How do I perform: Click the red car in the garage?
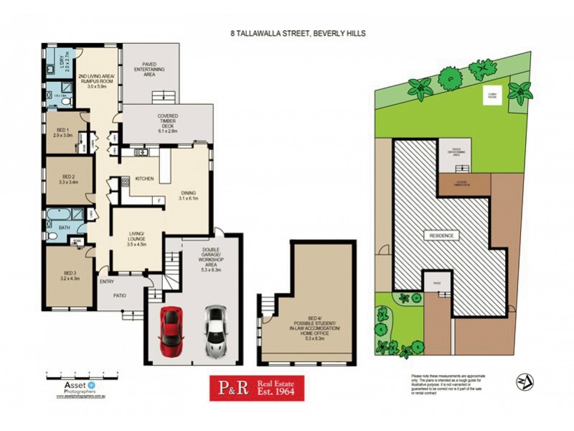[x=171, y=331]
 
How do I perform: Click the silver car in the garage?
[x=216, y=331]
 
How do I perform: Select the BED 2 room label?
[x=70, y=180]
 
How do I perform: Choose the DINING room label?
[x=189, y=195]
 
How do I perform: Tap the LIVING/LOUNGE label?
[x=136, y=238]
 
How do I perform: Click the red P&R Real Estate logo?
[x=256, y=388]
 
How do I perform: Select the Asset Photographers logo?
[x=66, y=388]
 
